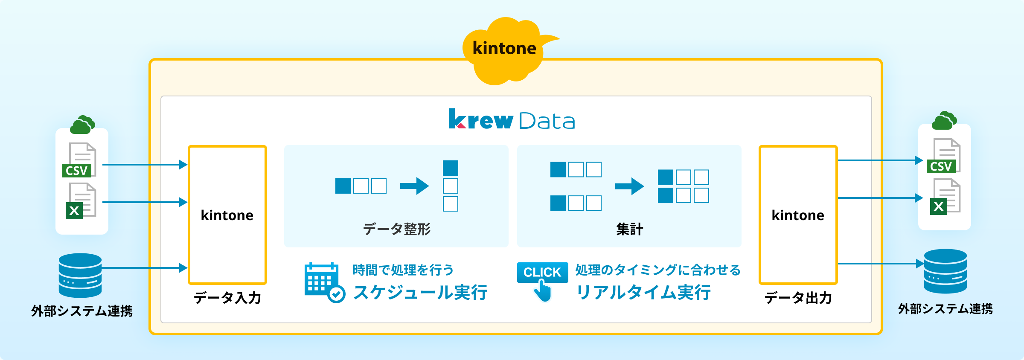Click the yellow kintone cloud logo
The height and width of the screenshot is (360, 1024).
[x=506, y=51]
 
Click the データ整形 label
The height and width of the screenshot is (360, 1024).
[x=397, y=229]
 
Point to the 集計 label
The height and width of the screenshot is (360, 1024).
[x=629, y=229]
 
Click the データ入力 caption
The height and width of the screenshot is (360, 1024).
[x=227, y=297]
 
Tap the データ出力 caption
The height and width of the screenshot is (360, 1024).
[x=798, y=297]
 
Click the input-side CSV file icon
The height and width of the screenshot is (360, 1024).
[x=79, y=160]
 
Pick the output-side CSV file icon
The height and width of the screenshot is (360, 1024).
[x=943, y=156]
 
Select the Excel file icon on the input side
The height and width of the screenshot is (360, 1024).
[x=81, y=201]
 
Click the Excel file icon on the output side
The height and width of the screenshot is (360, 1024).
[x=945, y=197]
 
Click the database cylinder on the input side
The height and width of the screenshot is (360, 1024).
[x=80, y=276]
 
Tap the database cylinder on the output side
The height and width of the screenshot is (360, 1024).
[x=945, y=271]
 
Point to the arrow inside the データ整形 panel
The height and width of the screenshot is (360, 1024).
[x=414, y=186]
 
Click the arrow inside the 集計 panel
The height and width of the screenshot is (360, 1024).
[x=629, y=186]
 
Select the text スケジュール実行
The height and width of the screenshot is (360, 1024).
[x=420, y=293]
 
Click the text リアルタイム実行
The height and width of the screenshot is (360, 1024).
[x=643, y=293]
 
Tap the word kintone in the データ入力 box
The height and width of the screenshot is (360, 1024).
[x=227, y=215]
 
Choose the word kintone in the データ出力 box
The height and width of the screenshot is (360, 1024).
[x=798, y=215]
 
